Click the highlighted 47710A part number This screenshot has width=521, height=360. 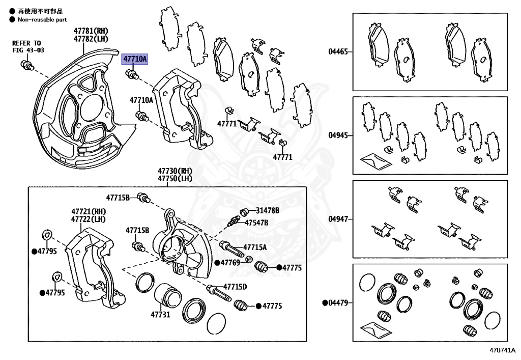134,60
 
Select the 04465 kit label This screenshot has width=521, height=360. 338,51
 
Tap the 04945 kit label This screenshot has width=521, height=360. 338,135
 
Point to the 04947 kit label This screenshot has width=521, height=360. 338,219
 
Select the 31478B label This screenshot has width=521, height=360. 268,210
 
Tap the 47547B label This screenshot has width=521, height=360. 256,223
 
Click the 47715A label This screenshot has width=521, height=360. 255,247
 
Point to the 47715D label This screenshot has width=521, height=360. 235,287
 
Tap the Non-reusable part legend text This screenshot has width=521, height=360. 42,20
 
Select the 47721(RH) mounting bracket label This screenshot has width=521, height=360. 89,211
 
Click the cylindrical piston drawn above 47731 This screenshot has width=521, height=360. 166,295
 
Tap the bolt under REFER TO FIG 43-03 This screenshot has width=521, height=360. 26,65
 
